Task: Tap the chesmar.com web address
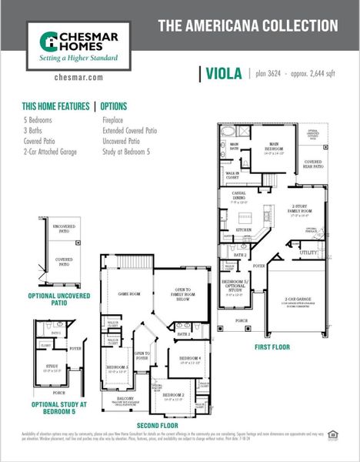click(80, 78)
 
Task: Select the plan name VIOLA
click(223, 74)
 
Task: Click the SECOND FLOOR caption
click(158, 426)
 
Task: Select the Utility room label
click(308, 252)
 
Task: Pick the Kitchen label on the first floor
click(244, 229)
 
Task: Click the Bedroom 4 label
click(190, 359)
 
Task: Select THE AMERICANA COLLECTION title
click(248, 25)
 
